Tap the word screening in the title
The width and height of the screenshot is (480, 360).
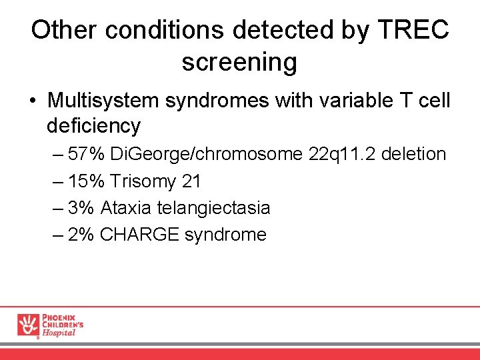click(x=239, y=62)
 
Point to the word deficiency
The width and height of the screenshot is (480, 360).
click(x=93, y=125)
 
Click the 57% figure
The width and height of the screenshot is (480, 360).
click(x=87, y=154)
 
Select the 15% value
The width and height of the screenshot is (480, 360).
click(x=87, y=181)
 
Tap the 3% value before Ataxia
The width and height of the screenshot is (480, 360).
click(x=81, y=208)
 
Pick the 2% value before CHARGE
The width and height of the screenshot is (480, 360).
click(x=81, y=235)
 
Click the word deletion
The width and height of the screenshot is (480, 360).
click(x=415, y=154)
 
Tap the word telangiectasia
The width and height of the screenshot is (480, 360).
click(x=213, y=208)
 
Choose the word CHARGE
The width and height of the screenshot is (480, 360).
click(x=140, y=235)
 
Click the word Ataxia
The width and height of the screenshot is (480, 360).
click(x=127, y=208)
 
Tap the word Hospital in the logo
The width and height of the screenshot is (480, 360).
click(x=59, y=333)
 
